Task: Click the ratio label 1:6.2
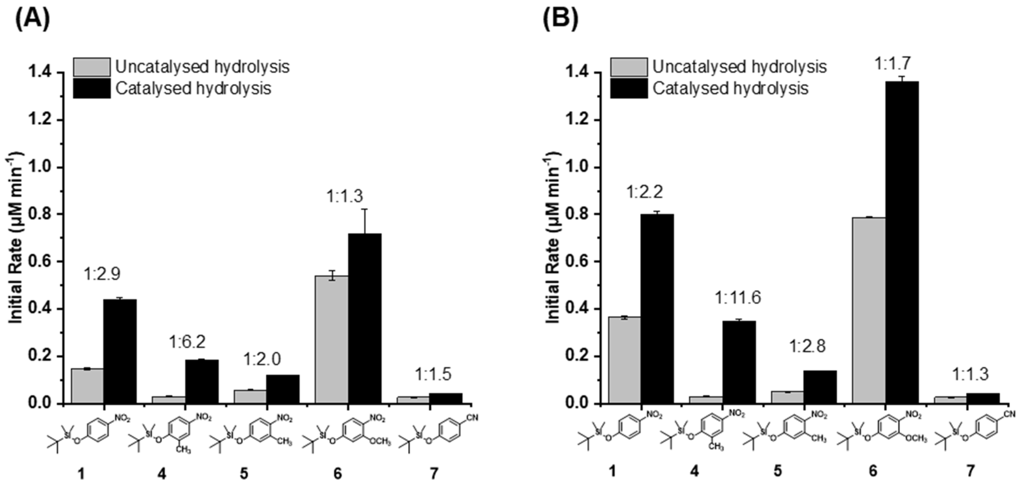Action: pyautogui.click(x=187, y=342)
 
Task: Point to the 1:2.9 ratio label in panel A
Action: pyautogui.click(x=102, y=274)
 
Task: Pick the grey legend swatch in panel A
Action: pyautogui.click(x=92, y=67)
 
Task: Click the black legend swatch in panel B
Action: pyautogui.click(x=629, y=88)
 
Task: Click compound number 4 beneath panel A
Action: pyautogui.click(x=162, y=473)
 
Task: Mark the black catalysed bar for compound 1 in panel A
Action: pyautogui.click(x=120, y=351)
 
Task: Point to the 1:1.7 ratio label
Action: pyautogui.click(x=888, y=63)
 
